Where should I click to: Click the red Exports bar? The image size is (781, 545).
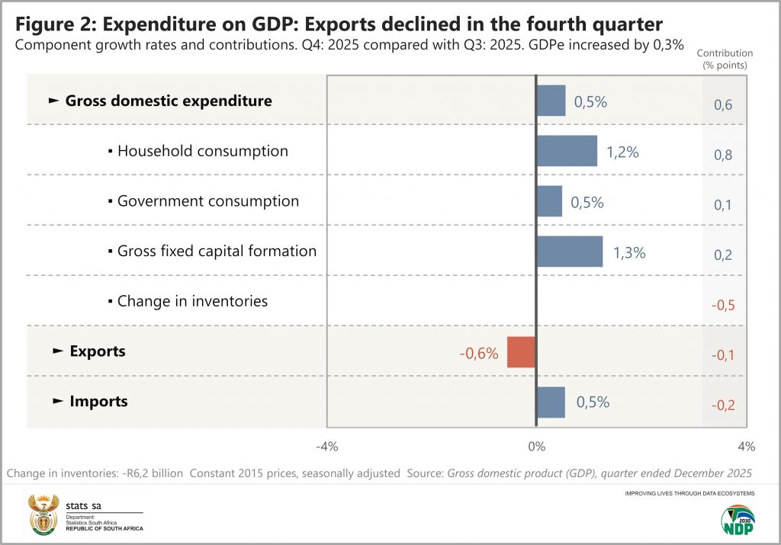point(522,352)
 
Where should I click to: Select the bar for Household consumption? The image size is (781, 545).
point(567,151)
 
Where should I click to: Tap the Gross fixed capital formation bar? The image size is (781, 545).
point(570,252)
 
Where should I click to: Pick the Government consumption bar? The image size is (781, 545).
point(549,201)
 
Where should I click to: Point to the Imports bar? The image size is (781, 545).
point(551,402)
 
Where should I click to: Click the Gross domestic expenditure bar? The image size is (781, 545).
point(551,101)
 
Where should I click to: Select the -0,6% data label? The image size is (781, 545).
point(479,353)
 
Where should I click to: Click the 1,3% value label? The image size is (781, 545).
point(629,252)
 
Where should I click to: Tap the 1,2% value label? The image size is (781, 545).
point(622,152)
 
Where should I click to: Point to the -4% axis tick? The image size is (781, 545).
point(326,446)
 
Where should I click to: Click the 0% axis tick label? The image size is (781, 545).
point(536,446)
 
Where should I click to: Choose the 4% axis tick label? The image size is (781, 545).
point(746,446)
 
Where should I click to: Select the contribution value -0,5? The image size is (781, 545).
point(722,305)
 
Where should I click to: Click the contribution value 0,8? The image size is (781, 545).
point(723,155)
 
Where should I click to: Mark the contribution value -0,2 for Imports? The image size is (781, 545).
point(722,406)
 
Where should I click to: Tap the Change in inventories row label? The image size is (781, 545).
point(192,301)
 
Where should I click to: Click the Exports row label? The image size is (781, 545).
point(98,351)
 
